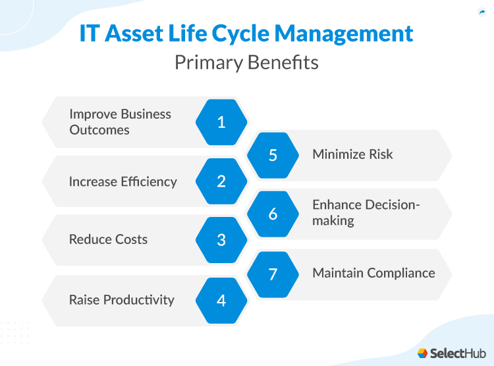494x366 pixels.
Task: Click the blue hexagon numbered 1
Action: point(221,122)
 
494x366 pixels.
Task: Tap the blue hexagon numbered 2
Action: point(221,181)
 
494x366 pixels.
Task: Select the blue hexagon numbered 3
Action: point(221,240)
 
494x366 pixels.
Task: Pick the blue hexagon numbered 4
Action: point(221,300)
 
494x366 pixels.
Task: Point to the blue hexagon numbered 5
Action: point(273,155)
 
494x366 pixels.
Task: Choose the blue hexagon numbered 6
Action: point(273,214)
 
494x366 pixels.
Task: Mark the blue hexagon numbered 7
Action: point(273,274)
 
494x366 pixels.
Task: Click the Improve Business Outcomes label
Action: point(120,122)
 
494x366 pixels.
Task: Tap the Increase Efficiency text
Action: point(123,181)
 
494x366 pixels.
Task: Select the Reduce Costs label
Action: point(108,240)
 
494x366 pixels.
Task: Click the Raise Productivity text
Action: point(121,300)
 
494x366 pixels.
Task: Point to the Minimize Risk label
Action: point(352,155)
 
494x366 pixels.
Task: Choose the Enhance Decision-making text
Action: point(366,212)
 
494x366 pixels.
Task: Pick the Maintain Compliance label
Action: point(373,273)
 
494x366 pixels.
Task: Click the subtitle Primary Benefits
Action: point(246,63)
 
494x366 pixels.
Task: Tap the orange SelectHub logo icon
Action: point(423,353)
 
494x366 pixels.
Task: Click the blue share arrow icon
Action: point(481,12)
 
